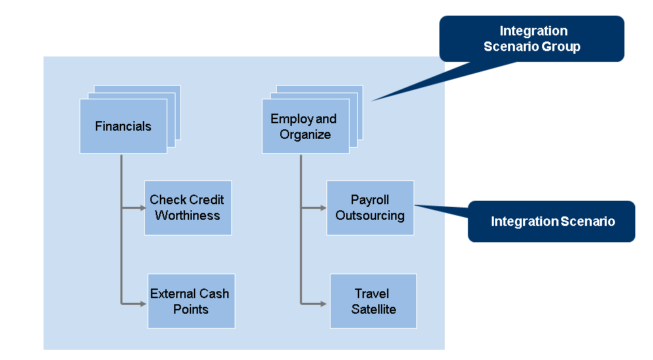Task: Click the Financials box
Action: point(123,126)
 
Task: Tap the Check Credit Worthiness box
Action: point(188,208)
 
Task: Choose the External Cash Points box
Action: point(191,301)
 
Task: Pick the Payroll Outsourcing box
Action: point(370,208)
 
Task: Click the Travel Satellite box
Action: point(373,301)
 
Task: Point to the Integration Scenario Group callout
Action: point(532,39)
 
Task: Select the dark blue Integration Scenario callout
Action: point(552,221)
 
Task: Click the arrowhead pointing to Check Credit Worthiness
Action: point(141,208)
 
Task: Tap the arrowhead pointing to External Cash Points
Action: point(144,303)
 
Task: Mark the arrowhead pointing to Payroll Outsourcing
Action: point(323,208)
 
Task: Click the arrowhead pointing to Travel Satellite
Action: point(326,303)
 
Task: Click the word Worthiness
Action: point(188,216)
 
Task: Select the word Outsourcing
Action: point(370,216)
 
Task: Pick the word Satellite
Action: point(373,310)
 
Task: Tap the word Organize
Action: point(305,134)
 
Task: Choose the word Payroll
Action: point(370,200)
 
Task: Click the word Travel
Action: point(372,294)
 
